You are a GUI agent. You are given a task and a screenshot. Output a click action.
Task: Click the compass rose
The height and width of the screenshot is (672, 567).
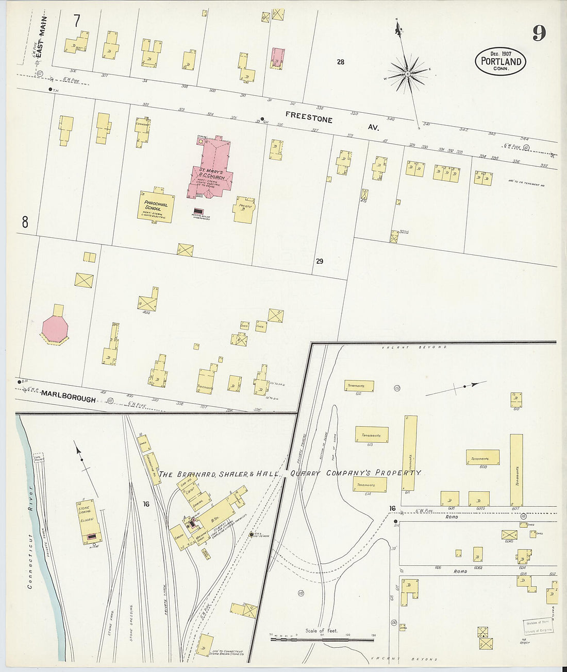[407, 73]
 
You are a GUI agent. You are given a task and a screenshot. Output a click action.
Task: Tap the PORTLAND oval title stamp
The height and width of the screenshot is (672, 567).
[501, 61]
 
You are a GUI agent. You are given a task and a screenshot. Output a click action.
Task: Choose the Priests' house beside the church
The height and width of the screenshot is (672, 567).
[244, 209]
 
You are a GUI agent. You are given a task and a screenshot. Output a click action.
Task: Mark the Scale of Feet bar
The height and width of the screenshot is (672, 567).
[322, 639]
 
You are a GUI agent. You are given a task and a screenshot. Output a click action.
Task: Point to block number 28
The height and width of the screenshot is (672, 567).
[340, 62]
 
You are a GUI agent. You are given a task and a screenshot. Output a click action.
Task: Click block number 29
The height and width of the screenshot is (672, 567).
[320, 261]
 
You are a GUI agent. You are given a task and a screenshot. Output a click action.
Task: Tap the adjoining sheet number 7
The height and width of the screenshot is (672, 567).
[77, 21]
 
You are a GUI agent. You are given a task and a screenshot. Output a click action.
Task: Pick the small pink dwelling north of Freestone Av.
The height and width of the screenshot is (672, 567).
[278, 57]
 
